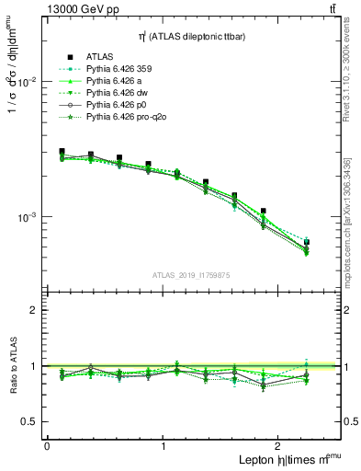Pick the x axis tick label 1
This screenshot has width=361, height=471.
163,446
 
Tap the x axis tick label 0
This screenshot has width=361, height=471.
47,446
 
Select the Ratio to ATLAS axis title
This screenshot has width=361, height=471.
12,365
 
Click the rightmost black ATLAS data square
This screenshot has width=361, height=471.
306,242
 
